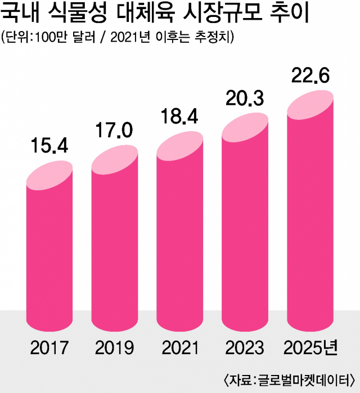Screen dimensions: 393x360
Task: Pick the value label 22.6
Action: pyautogui.click(x=309, y=74)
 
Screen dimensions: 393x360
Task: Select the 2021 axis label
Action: pyautogui.click(x=179, y=347)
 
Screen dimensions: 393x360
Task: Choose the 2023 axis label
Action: pyautogui.click(x=245, y=347)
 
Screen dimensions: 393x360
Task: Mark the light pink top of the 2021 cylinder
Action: pyautogui.click(x=179, y=145)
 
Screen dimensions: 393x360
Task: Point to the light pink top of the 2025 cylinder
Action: pyautogui.click(x=310, y=102)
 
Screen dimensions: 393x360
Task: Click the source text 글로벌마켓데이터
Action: pyautogui.click(x=301, y=378)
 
